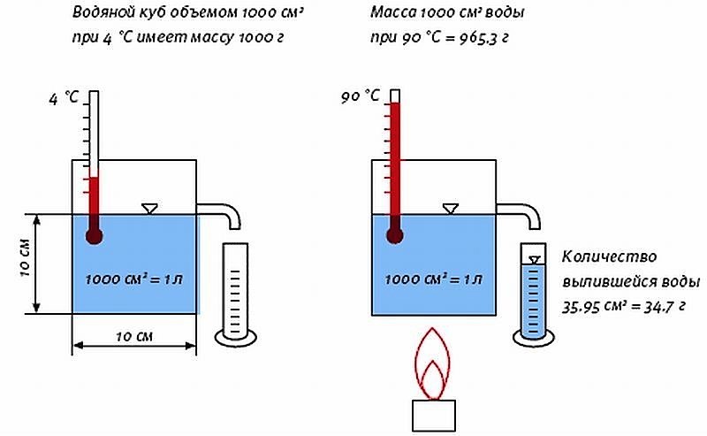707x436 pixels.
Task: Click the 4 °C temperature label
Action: pyautogui.click(x=65, y=99)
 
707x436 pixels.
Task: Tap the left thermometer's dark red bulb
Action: pyautogui.click(x=94, y=235)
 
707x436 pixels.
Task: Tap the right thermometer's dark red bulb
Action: pyautogui.click(x=394, y=235)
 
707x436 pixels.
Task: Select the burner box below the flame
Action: pyautogui.click(x=433, y=416)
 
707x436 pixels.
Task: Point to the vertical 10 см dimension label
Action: pyautogui.click(x=24, y=263)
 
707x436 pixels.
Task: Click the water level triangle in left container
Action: pyautogui.click(x=150, y=209)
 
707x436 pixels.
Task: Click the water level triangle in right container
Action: pyautogui.click(x=451, y=209)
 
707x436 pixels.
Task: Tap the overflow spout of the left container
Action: pyautogui.click(x=221, y=212)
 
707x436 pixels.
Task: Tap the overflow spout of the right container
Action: pyautogui.click(x=521, y=212)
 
